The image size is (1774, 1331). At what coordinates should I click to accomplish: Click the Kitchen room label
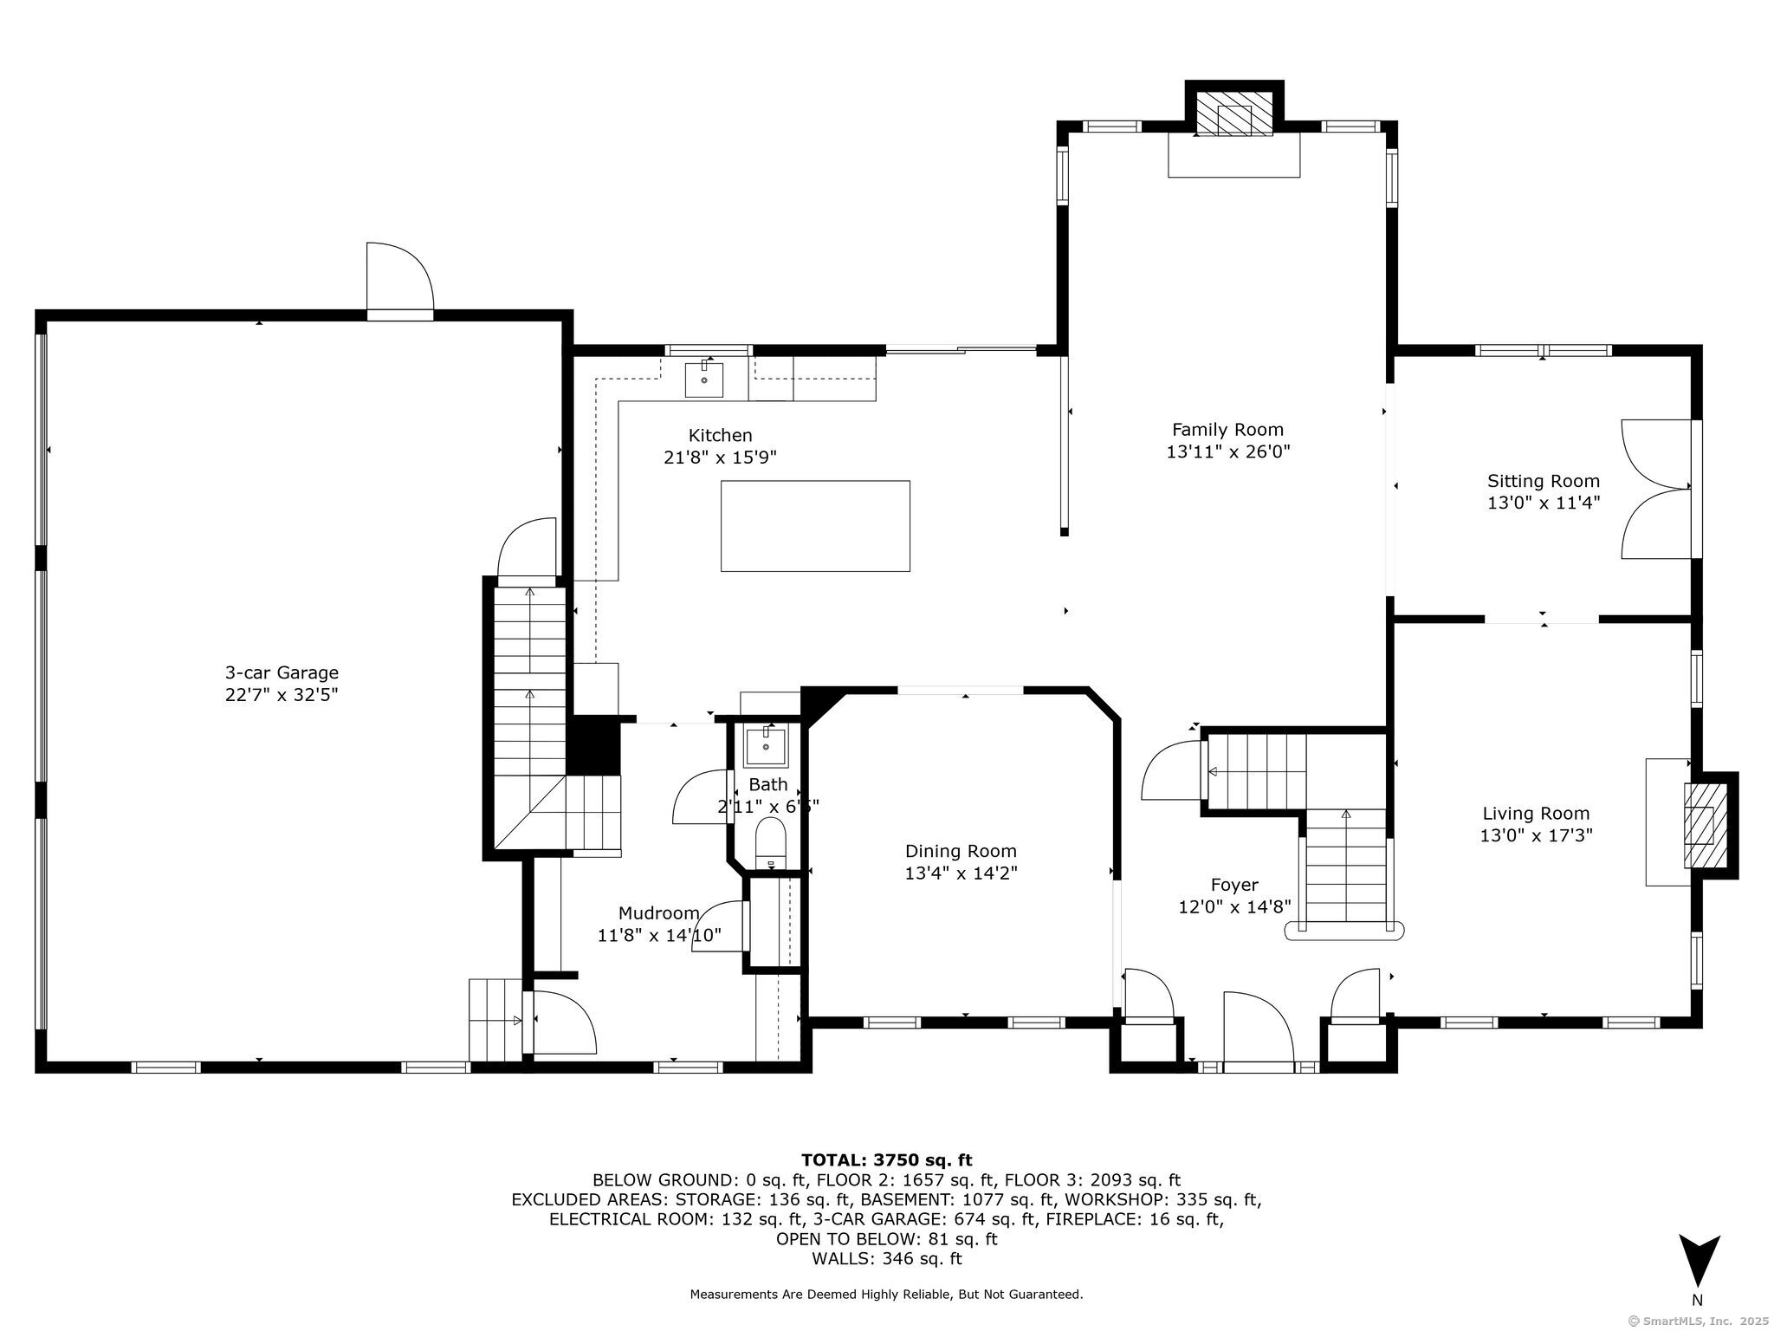(x=720, y=435)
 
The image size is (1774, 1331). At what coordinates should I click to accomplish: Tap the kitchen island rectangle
(x=815, y=526)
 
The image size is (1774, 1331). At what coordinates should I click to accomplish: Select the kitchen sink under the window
(x=704, y=380)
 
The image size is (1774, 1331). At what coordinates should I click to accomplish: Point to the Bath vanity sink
(x=766, y=747)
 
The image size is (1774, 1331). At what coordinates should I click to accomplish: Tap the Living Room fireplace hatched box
(x=1700, y=825)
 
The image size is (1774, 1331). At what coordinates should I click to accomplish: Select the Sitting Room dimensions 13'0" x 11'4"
(x=1544, y=503)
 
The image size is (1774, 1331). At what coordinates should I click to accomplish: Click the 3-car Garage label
(x=282, y=672)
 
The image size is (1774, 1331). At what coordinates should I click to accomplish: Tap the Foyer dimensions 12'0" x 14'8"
(x=1234, y=906)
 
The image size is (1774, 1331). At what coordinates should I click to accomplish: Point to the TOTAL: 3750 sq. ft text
(x=886, y=1159)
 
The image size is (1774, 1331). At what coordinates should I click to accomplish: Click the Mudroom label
(x=658, y=912)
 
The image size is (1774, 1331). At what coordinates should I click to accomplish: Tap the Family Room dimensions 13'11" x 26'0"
(x=1228, y=451)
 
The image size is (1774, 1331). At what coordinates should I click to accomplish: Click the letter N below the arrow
(x=1697, y=1300)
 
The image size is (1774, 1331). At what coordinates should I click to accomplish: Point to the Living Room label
(x=1536, y=814)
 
